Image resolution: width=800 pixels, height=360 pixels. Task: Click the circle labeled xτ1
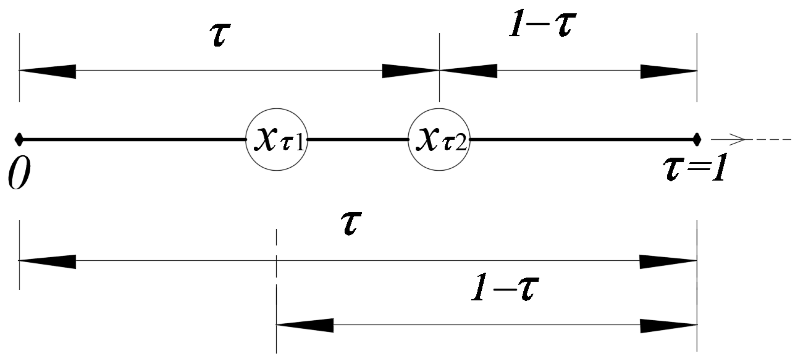click(x=277, y=140)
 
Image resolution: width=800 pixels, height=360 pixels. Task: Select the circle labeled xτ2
click(x=439, y=140)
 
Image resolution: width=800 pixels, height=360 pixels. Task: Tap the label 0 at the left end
click(x=19, y=175)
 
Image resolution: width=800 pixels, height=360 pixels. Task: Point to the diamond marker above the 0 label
click(x=19, y=140)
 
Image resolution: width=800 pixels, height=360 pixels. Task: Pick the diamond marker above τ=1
click(x=697, y=140)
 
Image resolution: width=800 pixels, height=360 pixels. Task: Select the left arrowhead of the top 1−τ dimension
click(x=469, y=71)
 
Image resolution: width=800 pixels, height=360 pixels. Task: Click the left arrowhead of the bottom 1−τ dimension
click(x=305, y=325)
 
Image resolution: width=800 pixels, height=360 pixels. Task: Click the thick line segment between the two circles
click(x=358, y=140)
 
